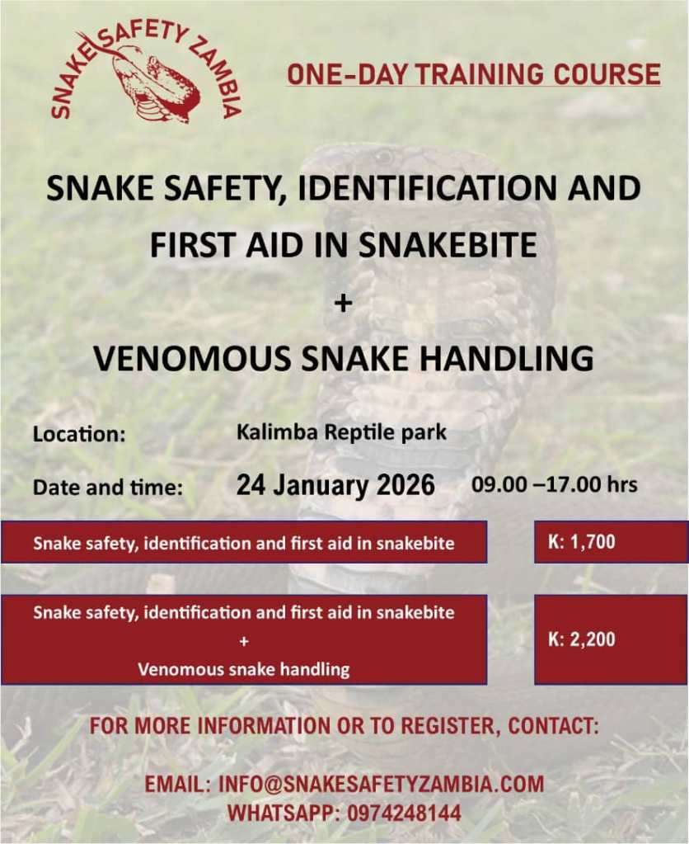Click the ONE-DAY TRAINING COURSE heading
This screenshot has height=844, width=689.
point(474,73)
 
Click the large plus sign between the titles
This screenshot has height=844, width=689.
point(343,304)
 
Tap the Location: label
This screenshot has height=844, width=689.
point(79,435)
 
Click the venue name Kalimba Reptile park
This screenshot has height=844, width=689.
point(341,432)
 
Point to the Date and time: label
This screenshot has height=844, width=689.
point(108,488)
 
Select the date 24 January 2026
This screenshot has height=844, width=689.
point(335,484)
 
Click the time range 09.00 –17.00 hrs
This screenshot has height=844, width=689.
point(555,484)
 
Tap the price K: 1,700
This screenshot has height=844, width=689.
point(581,541)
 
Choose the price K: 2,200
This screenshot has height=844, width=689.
point(581,639)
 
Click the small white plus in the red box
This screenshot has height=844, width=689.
point(244,642)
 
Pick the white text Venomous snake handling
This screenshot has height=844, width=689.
point(244,670)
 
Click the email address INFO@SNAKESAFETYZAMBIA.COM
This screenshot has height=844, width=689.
point(381,784)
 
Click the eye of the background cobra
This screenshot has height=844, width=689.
point(384,158)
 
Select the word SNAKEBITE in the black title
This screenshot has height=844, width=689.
point(448,245)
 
